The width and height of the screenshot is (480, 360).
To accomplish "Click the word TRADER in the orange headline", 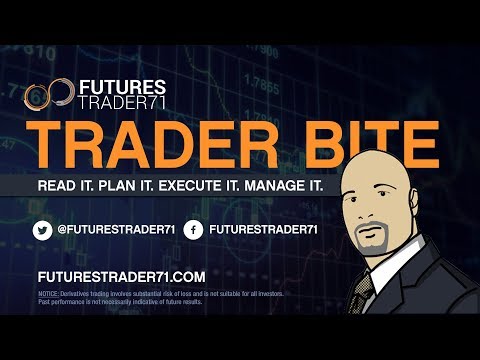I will (144, 145).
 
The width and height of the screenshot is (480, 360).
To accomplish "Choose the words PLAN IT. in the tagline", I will (151, 188).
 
